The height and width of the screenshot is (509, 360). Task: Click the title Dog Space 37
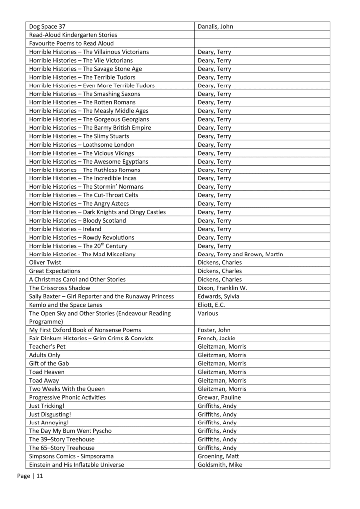click(x=47, y=26)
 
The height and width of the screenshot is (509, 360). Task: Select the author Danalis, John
click(x=215, y=26)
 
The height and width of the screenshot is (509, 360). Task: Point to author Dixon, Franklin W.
click(x=222, y=288)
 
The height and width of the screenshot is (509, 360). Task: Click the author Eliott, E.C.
click(x=213, y=305)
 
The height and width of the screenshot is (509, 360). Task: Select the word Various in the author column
click(x=208, y=313)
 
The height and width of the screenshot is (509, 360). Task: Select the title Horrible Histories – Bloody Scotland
click(x=78, y=220)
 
